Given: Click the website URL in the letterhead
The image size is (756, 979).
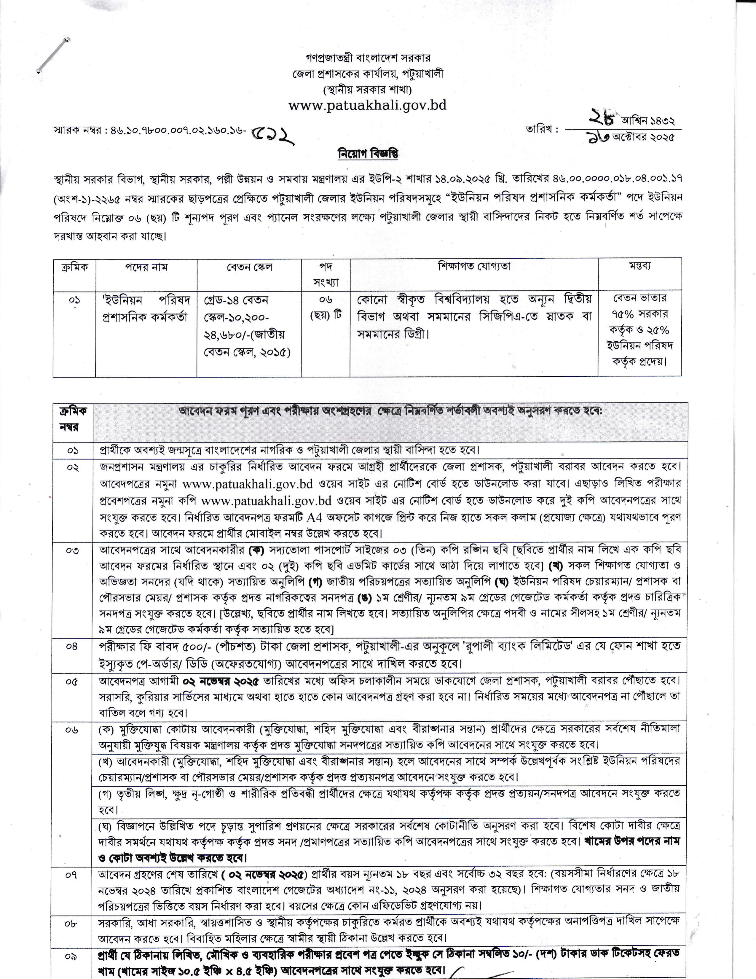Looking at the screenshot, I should click(x=367, y=106).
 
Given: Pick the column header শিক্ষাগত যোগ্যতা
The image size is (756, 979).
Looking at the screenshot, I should click(x=474, y=266).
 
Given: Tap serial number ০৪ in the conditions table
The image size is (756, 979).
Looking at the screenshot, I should click(x=73, y=647).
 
